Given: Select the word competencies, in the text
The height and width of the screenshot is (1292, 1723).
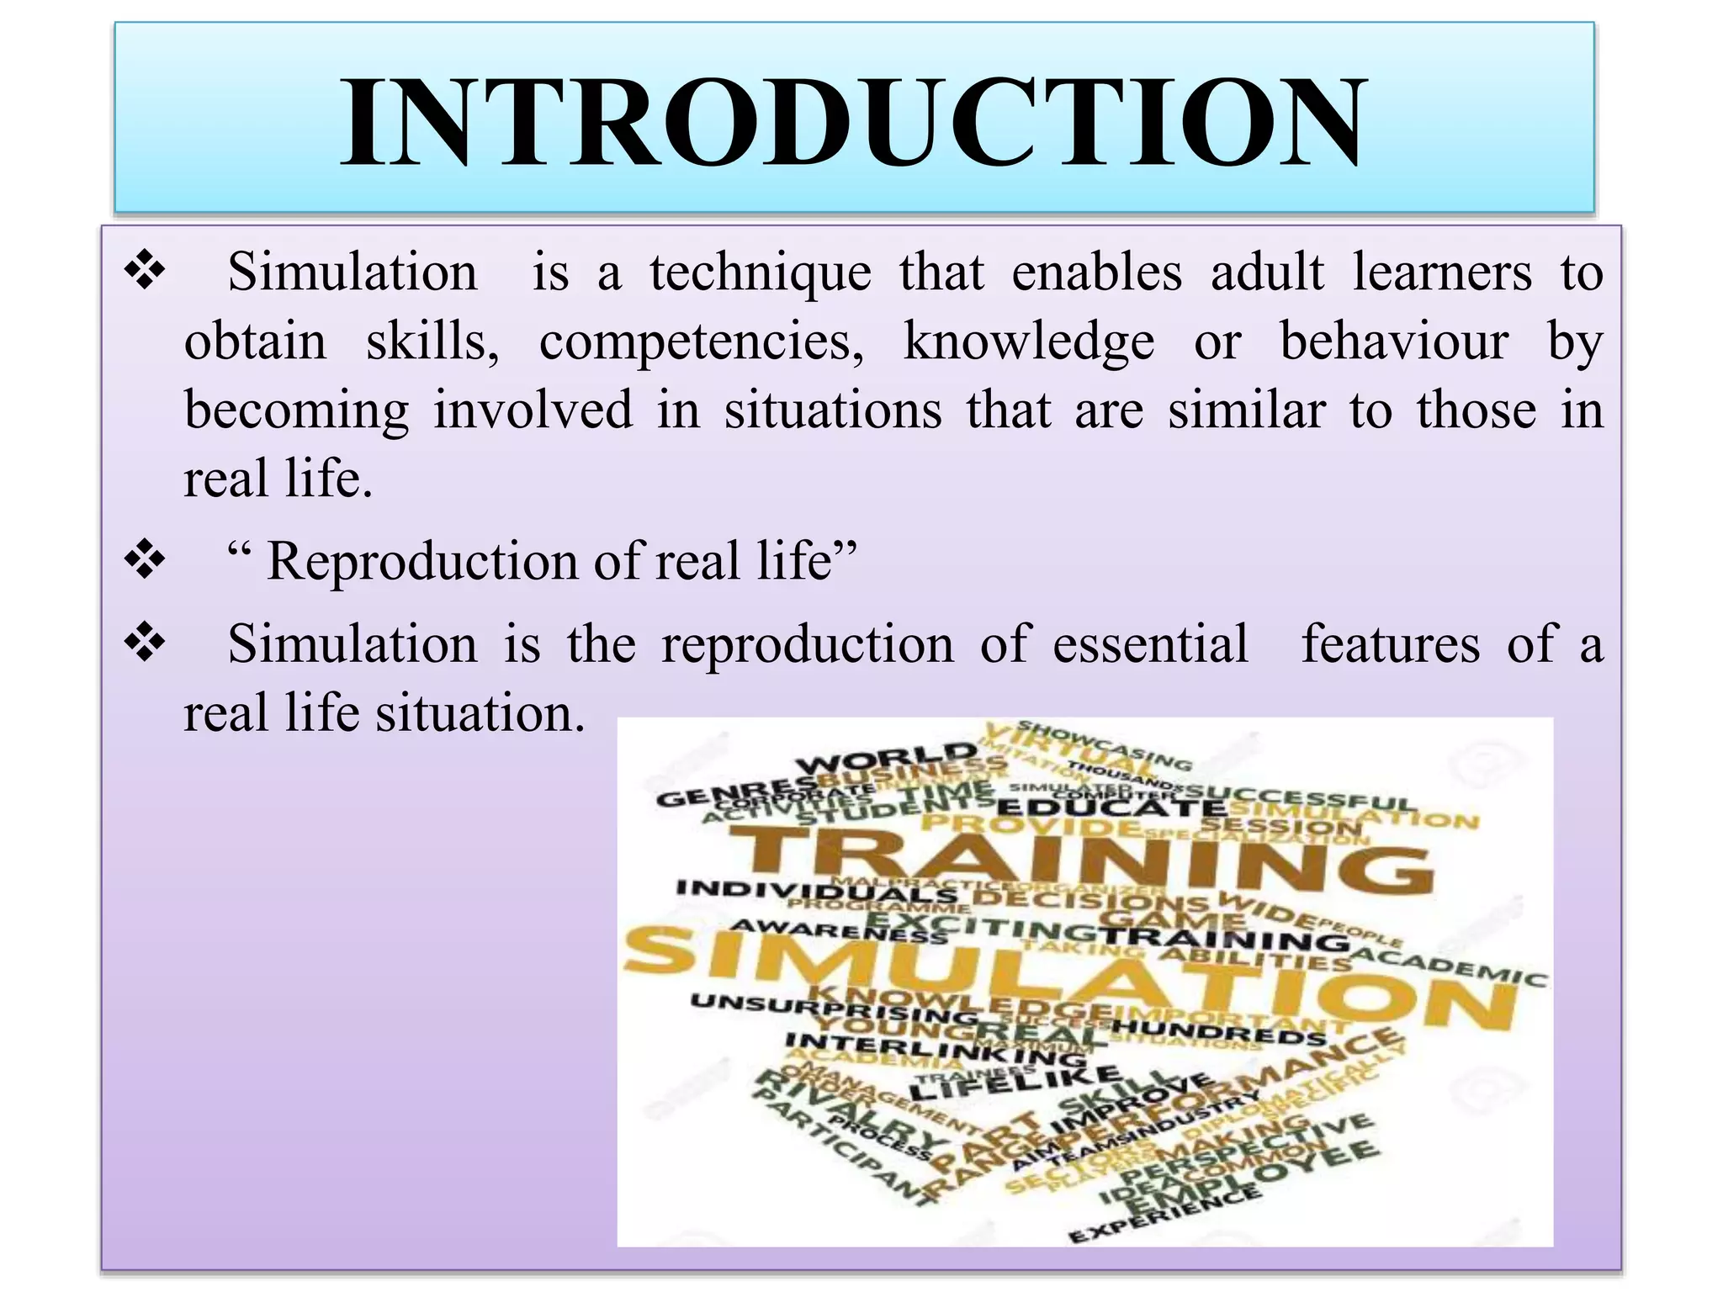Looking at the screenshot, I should tap(701, 342).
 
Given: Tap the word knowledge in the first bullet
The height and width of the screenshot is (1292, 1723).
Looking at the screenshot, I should tap(1028, 342).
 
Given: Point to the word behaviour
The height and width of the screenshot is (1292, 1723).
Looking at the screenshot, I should tap(1394, 342).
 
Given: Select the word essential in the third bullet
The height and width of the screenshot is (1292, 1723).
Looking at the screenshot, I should tap(1150, 644).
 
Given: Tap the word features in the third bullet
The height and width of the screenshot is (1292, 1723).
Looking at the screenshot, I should tap(1390, 644).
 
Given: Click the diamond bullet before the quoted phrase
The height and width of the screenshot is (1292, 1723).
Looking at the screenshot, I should tap(145, 559).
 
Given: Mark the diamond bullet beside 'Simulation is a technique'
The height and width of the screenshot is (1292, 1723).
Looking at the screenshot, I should tap(145, 272).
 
